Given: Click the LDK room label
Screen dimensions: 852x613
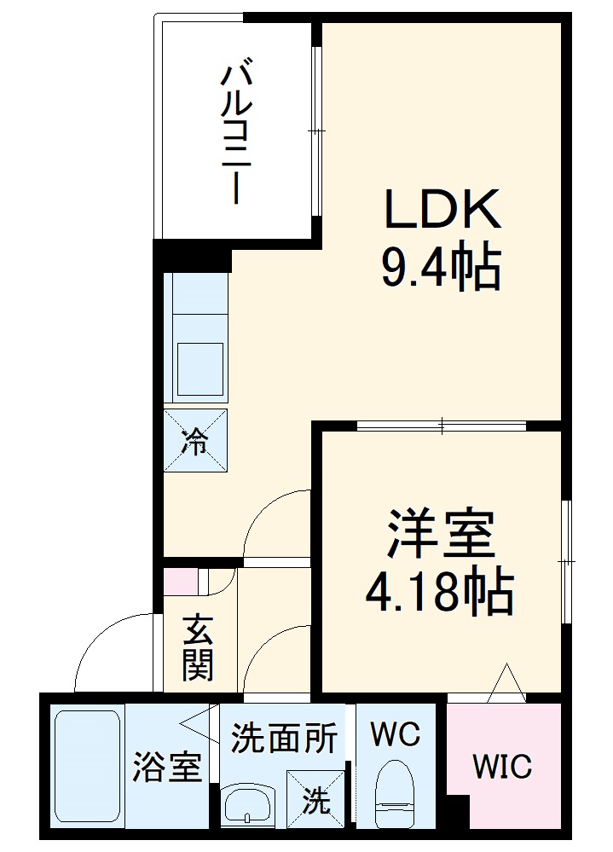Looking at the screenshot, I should coord(442,210).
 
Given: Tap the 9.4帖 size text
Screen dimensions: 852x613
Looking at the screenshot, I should coord(440,269).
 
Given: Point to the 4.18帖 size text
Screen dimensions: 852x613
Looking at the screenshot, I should coord(440,593).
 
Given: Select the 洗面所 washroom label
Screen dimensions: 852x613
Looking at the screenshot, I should coord(284,737).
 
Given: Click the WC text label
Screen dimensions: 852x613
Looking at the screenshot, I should coord(396,733).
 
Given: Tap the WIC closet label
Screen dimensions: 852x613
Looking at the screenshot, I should coord(503,766).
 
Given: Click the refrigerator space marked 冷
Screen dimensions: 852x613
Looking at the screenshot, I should coord(196,440).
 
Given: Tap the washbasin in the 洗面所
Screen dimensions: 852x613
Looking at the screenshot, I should coord(247,804).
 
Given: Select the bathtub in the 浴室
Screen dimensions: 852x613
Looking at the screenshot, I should coord(87,766).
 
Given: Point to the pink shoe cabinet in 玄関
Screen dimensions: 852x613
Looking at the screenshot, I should coord(181,581).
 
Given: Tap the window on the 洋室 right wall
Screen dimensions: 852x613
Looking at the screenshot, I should coord(566,561).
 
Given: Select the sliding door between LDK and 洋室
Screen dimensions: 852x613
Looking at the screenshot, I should coord(442,425).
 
